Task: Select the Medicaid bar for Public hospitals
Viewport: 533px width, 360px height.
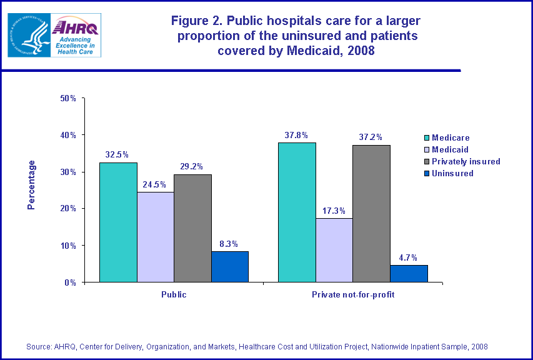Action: click(155, 237)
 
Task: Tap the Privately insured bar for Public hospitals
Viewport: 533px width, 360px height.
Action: click(192, 228)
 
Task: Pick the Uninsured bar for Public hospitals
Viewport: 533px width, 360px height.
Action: click(229, 267)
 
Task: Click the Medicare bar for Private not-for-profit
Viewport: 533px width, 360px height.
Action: click(297, 212)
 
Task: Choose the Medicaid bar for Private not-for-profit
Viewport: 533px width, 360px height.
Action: click(334, 250)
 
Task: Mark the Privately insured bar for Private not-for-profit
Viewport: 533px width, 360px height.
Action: click(371, 214)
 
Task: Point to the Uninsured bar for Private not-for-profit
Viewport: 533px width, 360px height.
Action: click(409, 273)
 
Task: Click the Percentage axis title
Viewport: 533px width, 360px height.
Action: click(31, 184)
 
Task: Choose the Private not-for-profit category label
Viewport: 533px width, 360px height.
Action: click(353, 294)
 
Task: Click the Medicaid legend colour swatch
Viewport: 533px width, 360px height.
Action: click(427, 150)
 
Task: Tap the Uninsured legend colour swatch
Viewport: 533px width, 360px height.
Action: click(427, 174)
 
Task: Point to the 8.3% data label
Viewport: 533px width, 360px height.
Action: click(229, 244)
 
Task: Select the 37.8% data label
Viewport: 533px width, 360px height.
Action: click(297, 135)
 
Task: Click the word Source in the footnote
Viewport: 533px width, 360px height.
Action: click(38, 346)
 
